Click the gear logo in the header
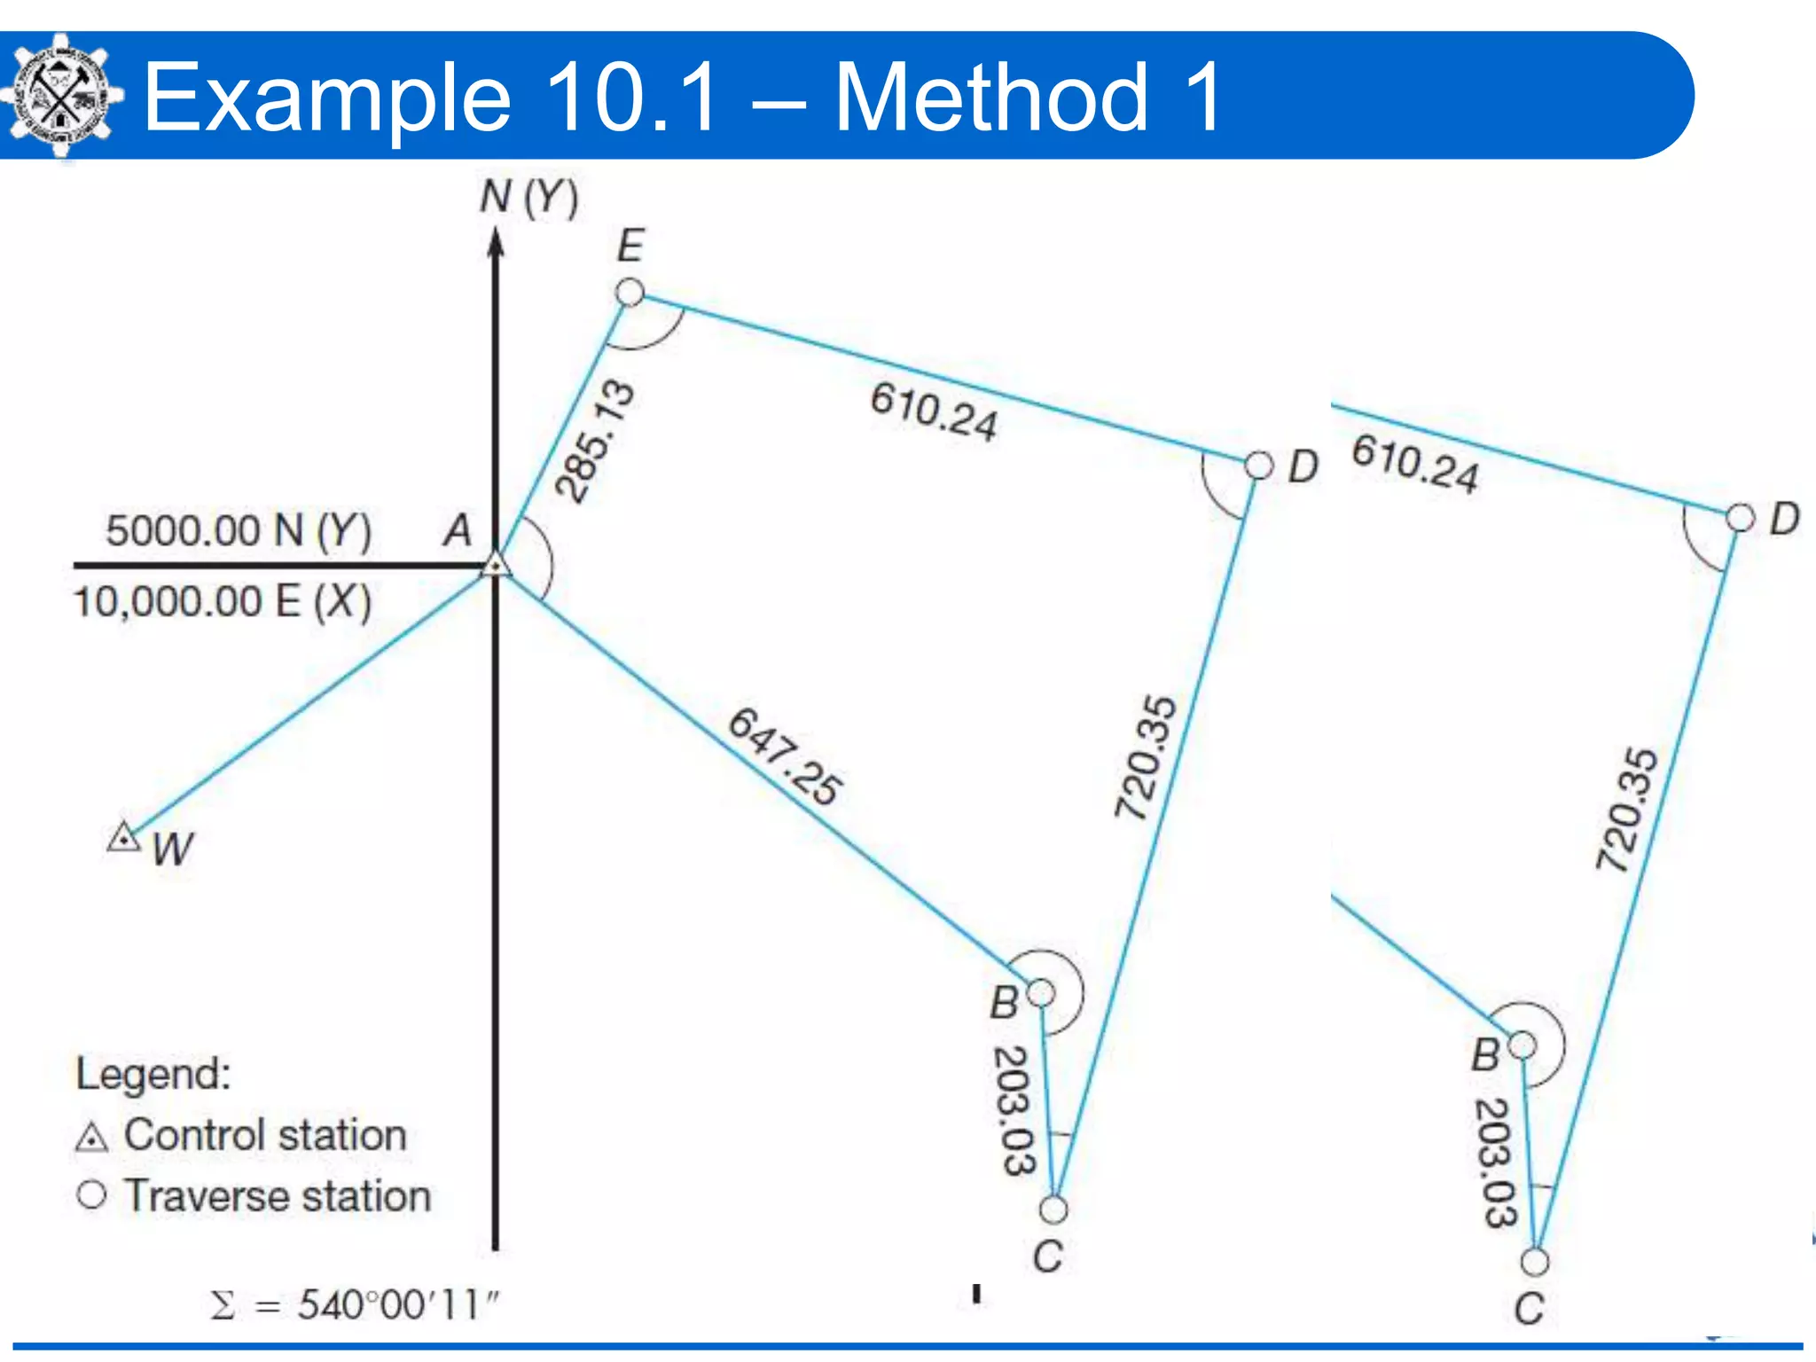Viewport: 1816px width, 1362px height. (x=60, y=96)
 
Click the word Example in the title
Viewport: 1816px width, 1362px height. (x=327, y=98)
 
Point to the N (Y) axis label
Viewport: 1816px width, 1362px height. (x=528, y=197)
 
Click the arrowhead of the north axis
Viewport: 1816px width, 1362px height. (x=497, y=244)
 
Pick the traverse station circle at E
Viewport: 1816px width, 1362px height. (x=630, y=292)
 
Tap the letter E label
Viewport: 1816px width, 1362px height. (x=630, y=246)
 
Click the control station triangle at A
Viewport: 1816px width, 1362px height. (x=497, y=565)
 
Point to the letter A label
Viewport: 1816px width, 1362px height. (x=458, y=530)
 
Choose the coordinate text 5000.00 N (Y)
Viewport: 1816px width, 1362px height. (x=238, y=530)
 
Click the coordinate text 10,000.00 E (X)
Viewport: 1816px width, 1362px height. (x=222, y=601)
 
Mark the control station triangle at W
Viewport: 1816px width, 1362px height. (x=123, y=837)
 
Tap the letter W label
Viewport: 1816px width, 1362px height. (x=172, y=849)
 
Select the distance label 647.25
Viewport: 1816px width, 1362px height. (x=785, y=756)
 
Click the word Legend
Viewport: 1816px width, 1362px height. (x=153, y=1073)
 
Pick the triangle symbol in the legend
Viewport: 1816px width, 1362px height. (x=92, y=1138)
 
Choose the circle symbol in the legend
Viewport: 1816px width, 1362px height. (x=91, y=1194)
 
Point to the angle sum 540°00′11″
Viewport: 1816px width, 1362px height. (x=355, y=1304)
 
